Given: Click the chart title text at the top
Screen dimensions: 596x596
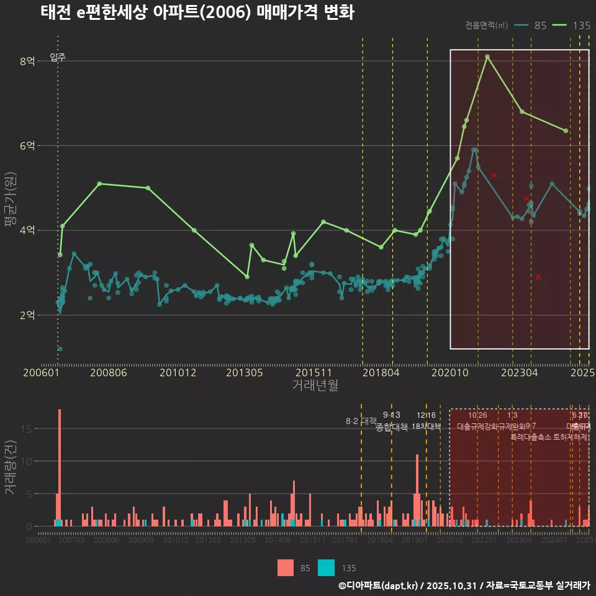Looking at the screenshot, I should (x=197, y=13).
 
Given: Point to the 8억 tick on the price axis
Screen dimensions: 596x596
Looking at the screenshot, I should (x=27, y=61).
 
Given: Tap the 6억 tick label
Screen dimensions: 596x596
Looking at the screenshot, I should (x=27, y=146).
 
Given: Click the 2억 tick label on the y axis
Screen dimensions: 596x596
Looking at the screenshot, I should (x=27, y=315).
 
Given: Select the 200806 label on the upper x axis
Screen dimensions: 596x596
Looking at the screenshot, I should (x=108, y=373).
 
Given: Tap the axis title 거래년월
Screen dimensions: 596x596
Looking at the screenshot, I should (x=315, y=386).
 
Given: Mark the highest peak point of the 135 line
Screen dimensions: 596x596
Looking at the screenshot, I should (x=487, y=56).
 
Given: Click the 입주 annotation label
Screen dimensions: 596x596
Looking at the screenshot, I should (x=58, y=57).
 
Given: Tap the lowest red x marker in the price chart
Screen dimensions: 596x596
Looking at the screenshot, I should (x=538, y=277).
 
